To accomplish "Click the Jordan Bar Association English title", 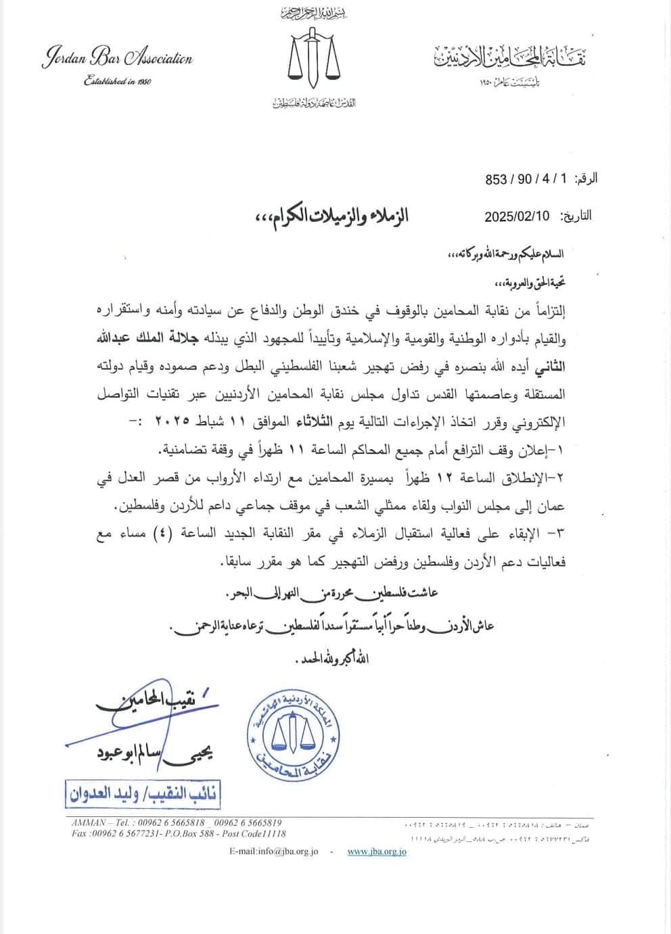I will click(x=118, y=59).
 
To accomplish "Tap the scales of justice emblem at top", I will click(x=313, y=57).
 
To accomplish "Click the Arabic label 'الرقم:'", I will click(x=586, y=180).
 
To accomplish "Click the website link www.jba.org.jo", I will click(x=377, y=852).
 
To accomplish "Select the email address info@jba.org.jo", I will click(x=273, y=852).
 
